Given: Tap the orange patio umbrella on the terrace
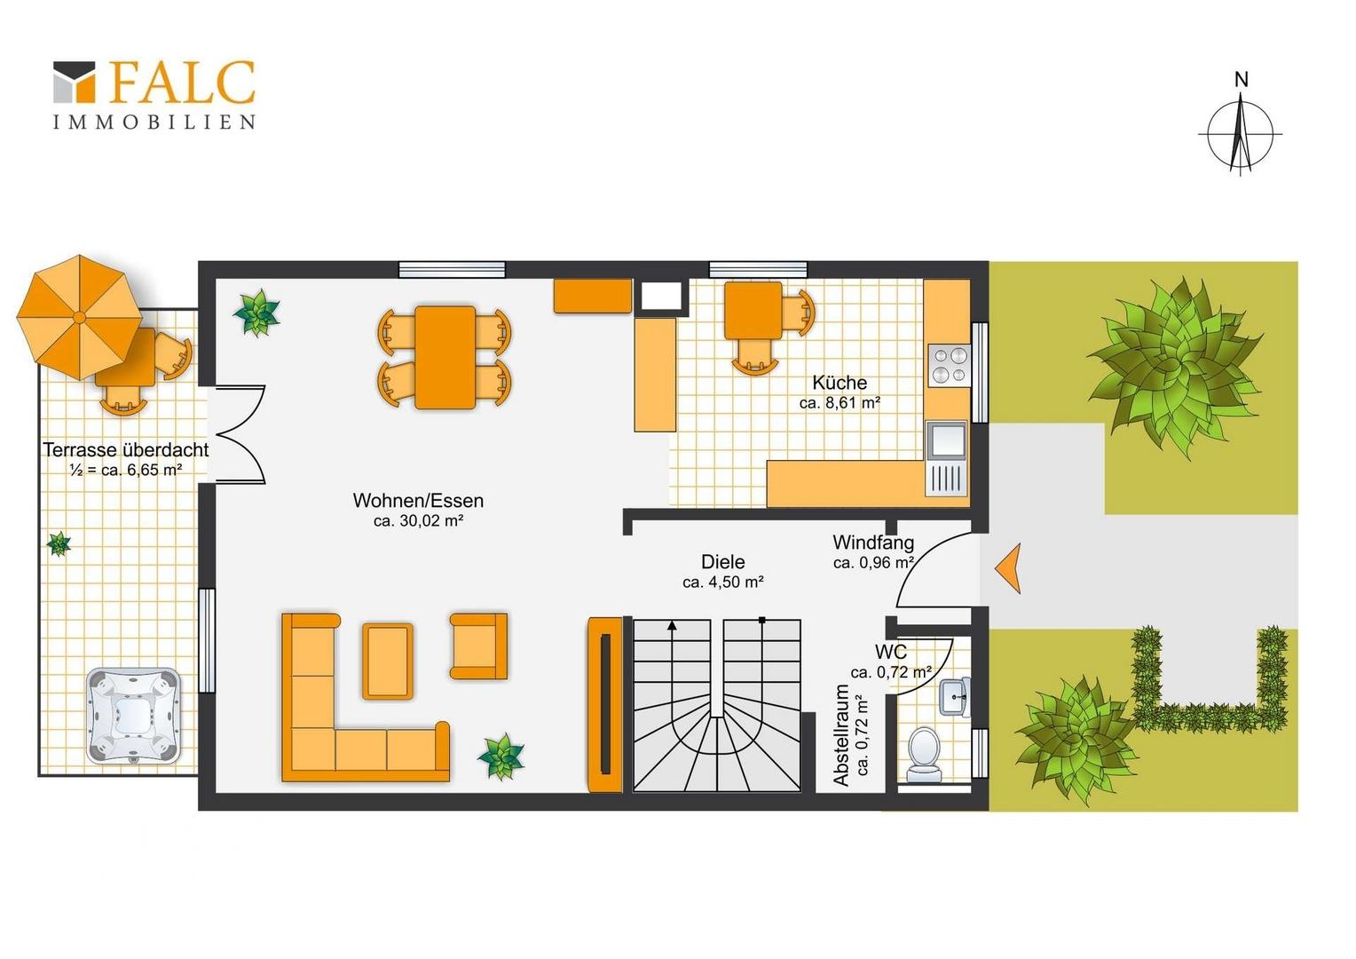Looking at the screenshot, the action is pos(79,317).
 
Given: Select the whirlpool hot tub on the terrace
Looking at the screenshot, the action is pos(133,716).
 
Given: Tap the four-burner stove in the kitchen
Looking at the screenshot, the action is pos(949,365).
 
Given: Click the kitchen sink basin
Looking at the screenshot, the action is pos(948,439).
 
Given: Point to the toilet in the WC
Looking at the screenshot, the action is pos(924,754).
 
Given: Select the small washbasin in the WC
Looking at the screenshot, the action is pos(955,697).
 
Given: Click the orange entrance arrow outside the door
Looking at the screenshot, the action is pos(1008,567).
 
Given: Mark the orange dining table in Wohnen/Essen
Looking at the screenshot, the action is pos(445,358).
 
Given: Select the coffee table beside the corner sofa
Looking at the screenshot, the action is pos(388,662).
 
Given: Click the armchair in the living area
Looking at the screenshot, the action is pos(478,646).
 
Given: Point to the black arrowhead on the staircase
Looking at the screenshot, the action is pos(672,626).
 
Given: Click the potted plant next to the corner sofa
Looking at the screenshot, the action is pos(501,756).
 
